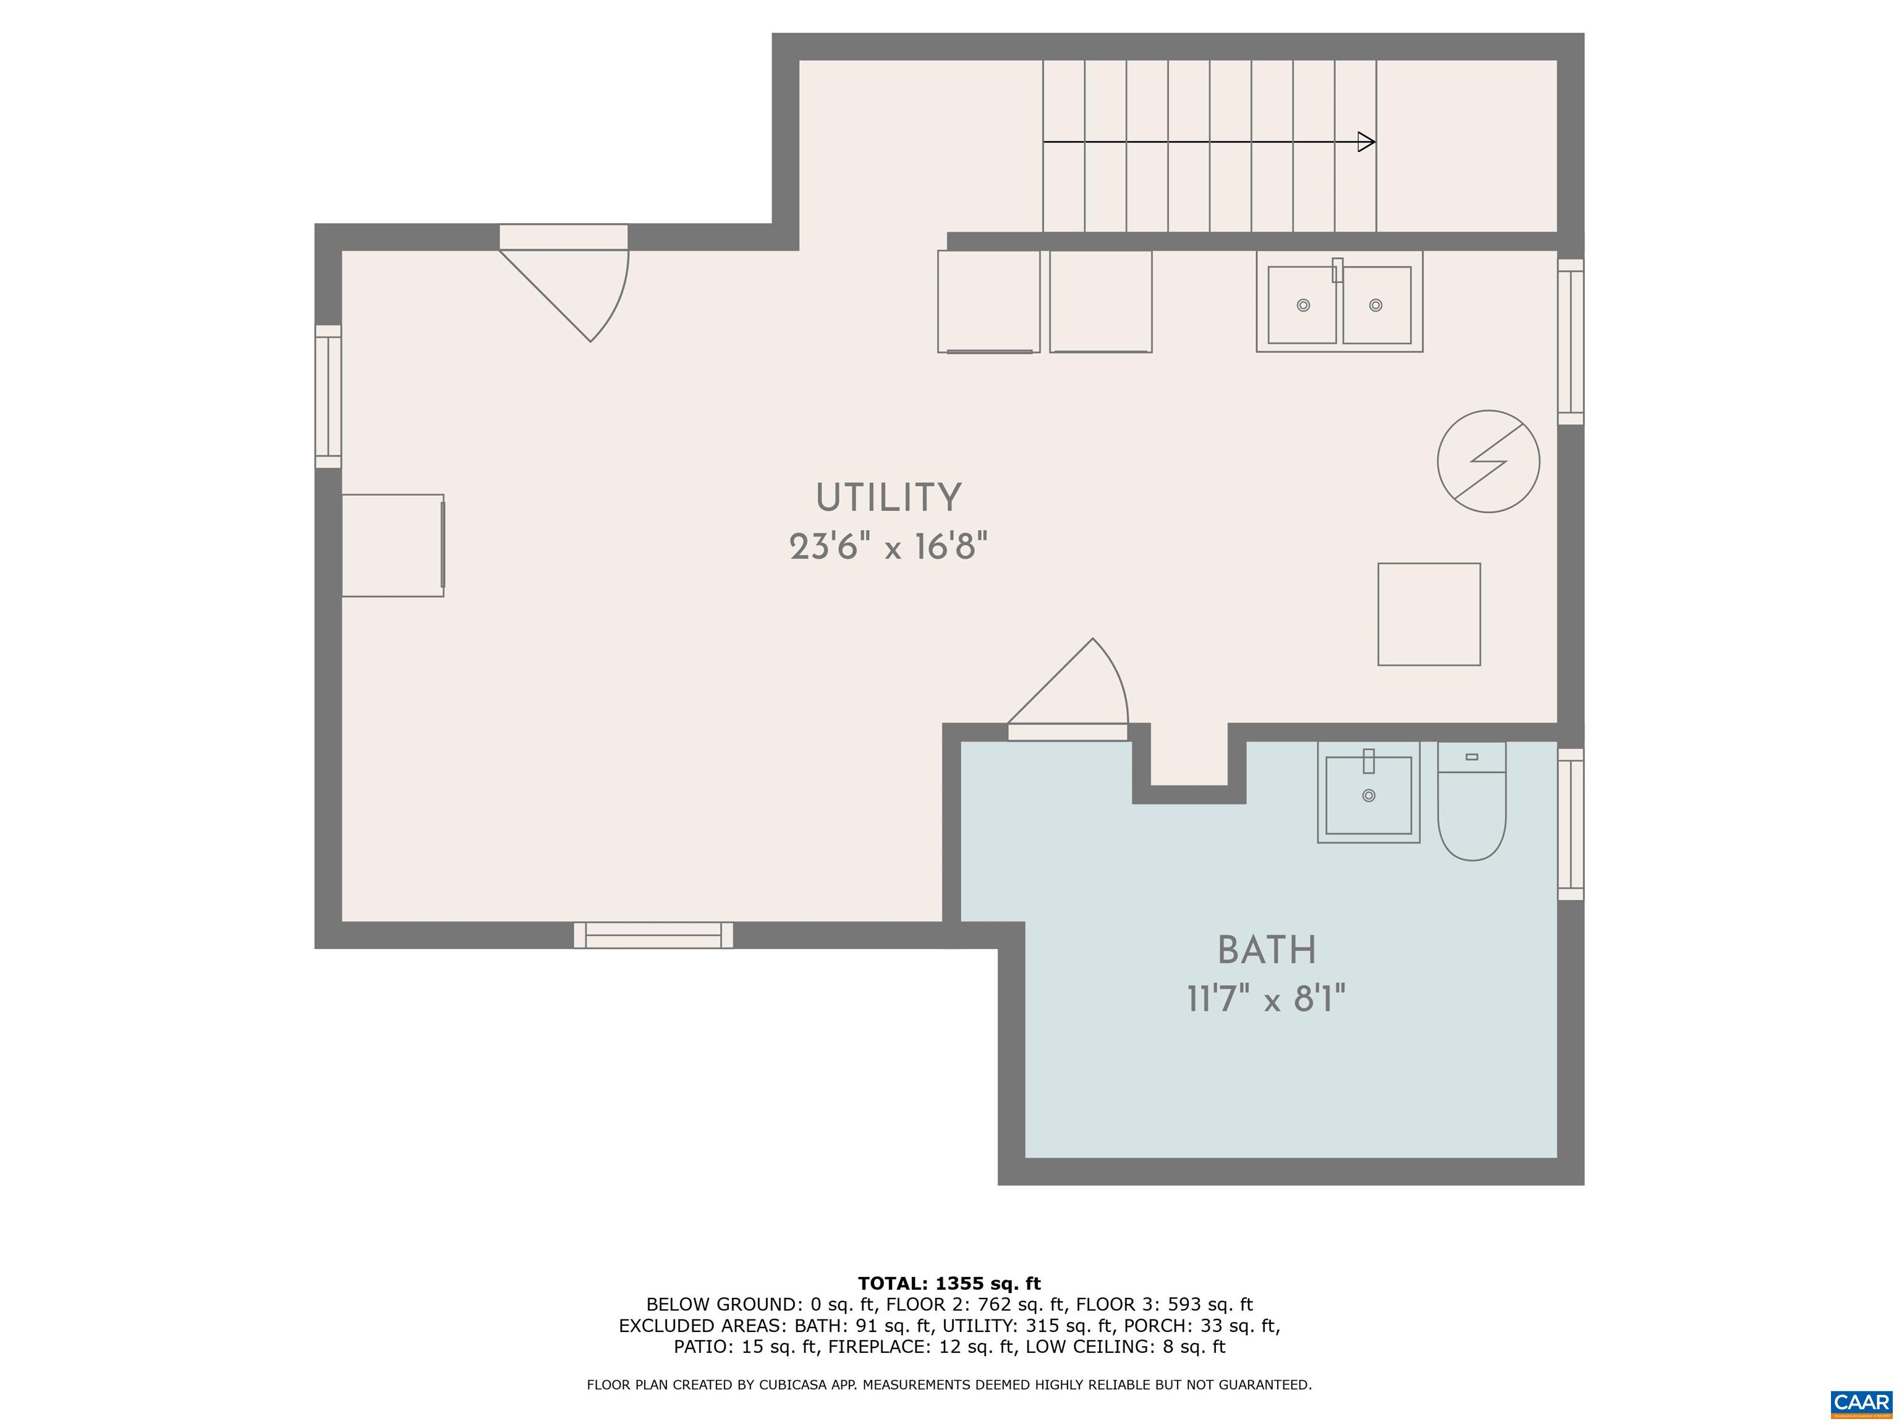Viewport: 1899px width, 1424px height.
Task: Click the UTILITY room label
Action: point(888,498)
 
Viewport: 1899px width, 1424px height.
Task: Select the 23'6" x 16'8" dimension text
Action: point(888,546)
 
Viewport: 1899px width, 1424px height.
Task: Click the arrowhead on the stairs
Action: point(1366,142)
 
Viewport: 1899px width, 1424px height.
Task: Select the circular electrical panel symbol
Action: point(1489,462)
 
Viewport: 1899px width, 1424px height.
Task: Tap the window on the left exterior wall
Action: point(328,397)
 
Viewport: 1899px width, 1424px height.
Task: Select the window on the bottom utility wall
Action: point(653,934)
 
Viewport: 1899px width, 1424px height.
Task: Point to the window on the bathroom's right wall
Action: point(1570,824)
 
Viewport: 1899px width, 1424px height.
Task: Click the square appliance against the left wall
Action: point(393,545)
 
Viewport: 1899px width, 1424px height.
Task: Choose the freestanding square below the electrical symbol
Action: point(1429,614)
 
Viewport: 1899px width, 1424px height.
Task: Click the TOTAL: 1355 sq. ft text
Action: point(949,1283)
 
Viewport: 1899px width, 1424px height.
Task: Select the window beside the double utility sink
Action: point(1570,342)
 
